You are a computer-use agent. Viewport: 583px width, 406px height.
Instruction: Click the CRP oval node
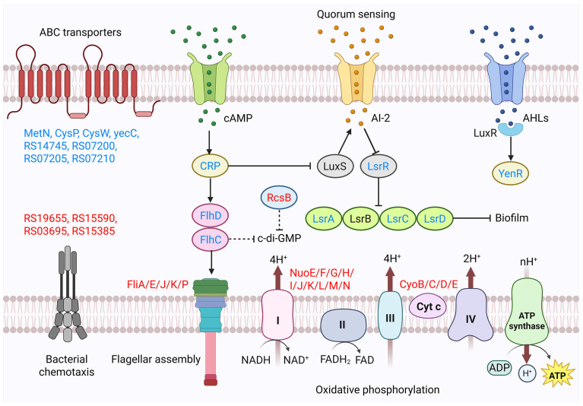coord(210,166)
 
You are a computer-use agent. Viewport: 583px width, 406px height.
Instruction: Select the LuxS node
coord(334,167)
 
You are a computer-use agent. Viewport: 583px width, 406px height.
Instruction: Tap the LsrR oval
coord(378,167)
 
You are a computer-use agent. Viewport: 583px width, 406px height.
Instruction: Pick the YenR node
coord(511,173)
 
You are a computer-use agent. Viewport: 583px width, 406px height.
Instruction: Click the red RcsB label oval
coord(279,198)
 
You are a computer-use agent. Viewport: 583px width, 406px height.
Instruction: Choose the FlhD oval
coord(211,216)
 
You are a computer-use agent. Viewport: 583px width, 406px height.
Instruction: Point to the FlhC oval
coord(211,239)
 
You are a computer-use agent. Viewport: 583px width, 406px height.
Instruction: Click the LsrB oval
coord(360,219)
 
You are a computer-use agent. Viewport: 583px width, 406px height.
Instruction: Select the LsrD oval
coord(435,219)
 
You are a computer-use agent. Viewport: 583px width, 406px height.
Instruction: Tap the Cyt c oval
coord(429,306)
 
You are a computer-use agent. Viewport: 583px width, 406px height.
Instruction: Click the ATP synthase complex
coord(527,311)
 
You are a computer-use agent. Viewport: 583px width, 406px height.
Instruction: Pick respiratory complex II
coord(343,325)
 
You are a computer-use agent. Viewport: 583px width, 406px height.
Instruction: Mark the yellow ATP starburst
coord(557,375)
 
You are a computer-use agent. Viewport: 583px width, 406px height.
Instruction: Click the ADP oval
coord(499,368)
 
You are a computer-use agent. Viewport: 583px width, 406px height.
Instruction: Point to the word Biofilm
coord(512,218)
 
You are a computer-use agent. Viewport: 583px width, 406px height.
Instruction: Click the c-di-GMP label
coord(279,238)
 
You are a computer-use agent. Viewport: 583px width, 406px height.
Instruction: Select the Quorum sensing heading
coord(356,14)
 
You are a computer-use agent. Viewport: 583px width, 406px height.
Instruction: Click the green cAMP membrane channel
coord(209,78)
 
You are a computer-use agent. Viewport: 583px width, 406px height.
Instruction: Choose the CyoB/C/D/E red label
coord(429,284)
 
